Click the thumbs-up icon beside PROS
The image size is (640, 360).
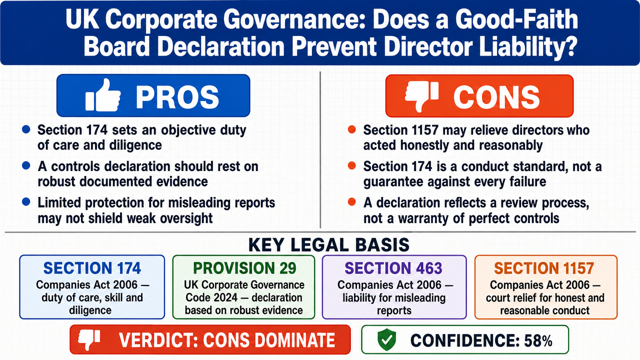pos(103,95)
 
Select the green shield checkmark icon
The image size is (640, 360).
pos(386,339)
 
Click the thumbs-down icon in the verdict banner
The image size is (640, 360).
pos(89,339)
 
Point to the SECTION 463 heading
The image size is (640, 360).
pos(393,268)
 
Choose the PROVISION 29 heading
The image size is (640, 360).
pos(244,268)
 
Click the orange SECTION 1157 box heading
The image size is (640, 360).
pos(544,268)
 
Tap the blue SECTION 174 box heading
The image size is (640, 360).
pos(92,268)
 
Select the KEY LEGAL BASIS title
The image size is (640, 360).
pos(328,245)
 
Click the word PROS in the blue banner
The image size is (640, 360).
pos(177,97)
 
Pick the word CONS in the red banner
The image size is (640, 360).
pos(496,97)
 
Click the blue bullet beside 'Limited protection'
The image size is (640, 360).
pos(26,202)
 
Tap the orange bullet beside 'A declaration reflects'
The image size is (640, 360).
pos(351,202)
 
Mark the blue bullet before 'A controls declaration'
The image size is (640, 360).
pos(26,165)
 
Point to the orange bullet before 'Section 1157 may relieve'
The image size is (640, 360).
pos(351,129)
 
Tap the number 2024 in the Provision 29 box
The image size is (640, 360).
pos(225,297)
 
